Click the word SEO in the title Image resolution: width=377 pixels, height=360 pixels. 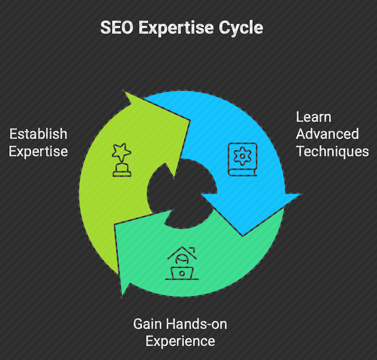point(117,28)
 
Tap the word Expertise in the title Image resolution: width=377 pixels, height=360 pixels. point(176,28)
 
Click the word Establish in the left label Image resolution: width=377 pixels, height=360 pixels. point(38,134)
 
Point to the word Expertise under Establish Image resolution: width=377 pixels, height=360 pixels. point(38,152)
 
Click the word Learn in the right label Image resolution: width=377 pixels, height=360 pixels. point(314,117)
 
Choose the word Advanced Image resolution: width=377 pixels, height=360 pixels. point(327,134)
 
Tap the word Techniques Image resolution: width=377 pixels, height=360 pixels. point(332,152)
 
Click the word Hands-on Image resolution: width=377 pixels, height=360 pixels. point(196,324)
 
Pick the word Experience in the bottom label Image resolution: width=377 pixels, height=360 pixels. point(180,342)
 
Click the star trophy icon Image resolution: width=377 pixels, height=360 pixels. point(122,160)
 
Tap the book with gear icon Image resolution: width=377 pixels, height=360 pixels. point(243,159)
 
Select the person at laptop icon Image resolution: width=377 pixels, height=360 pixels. point(182,263)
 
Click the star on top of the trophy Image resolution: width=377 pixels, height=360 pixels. point(122,152)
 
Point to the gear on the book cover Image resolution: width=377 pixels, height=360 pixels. point(243,156)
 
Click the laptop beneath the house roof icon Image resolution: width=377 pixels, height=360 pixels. point(182,273)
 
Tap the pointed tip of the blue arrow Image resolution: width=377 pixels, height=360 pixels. point(243,236)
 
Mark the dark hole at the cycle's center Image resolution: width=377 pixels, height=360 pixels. point(182,194)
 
